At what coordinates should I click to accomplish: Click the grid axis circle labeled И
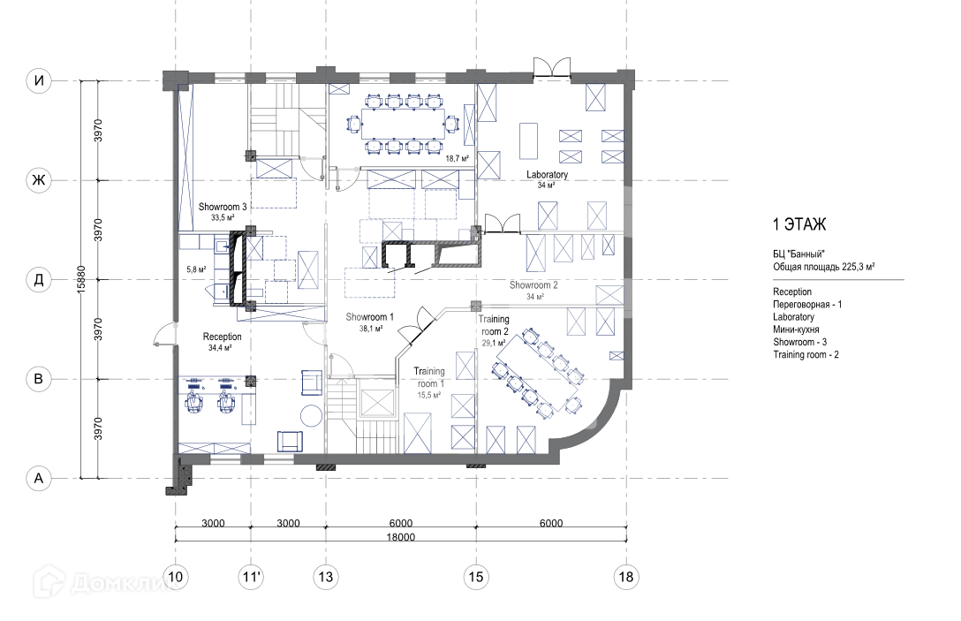coord(39,80)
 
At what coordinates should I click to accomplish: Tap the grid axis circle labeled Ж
coord(39,180)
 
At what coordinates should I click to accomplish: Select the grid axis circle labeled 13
coord(325,577)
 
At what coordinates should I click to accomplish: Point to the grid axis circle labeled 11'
coord(251,577)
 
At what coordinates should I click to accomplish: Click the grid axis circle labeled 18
coord(625,577)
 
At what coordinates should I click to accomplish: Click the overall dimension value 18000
coord(400,537)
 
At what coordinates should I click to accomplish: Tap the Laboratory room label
coord(547,175)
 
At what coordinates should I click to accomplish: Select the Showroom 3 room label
coord(223,208)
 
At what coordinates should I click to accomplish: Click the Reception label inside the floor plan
coord(222,337)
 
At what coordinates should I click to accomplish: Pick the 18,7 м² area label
coord(458,158)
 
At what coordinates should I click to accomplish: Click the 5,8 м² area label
coord(196,269)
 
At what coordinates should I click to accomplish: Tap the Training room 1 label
coord(429,377)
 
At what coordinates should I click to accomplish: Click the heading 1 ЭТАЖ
coord(799,224)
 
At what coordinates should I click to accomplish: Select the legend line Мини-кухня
coord(796,329)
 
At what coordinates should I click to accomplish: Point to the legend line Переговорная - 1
coord(807,305)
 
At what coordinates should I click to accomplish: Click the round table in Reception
coord(311,416)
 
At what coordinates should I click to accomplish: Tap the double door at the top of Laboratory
coord(551,67)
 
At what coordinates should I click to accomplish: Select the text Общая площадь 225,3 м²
coord(824,267)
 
